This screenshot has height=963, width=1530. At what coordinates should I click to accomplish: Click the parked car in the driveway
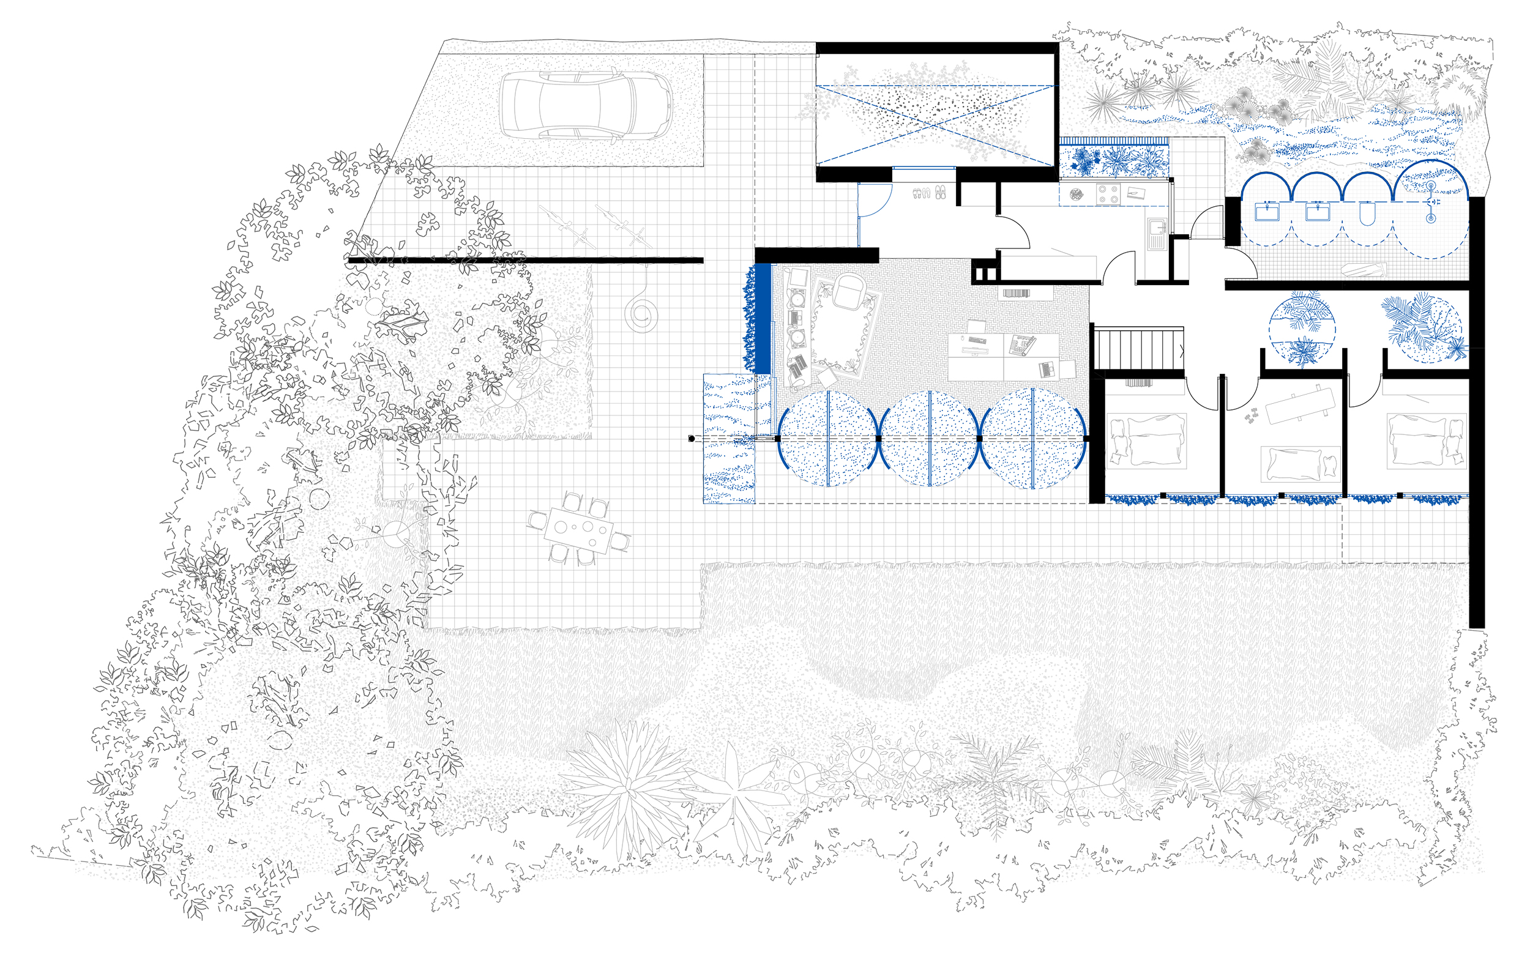click(x=584, y=105)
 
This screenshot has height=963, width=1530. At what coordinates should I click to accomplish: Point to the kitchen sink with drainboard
click(x=1155, y=232)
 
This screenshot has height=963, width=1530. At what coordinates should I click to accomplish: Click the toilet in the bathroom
click(x=1367, y=214)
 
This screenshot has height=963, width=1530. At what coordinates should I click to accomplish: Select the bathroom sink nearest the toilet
click(x=1316, y=212)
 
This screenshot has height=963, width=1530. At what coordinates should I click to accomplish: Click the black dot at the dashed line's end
click(x=692, y=438)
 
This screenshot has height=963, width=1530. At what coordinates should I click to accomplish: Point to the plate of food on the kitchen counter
click(x=1076, y=195)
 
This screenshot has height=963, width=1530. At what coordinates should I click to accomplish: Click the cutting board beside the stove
click(x=1135, y=193)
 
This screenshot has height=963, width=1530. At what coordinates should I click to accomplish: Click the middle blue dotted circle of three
click(x=930, y=438)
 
